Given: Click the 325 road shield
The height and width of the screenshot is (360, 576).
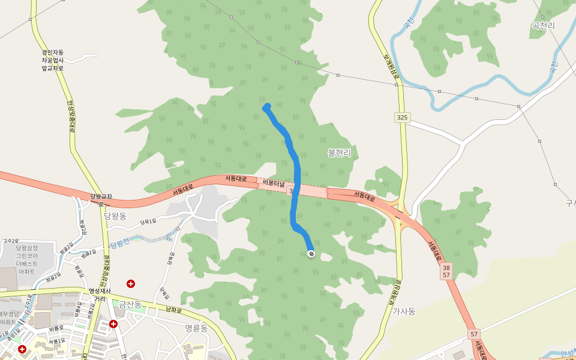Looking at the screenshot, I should (x=402, y=118).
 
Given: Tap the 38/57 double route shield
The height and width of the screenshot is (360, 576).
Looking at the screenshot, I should (x=446, y=271).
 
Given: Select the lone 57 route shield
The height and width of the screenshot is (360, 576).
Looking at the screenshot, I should (x=474, y=333).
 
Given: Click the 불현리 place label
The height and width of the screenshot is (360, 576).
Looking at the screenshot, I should (x=339, y=153).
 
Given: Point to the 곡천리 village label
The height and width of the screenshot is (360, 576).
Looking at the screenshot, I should (x=543, y=26).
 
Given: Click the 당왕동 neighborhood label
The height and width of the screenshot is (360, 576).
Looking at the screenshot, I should (x=115, y=216).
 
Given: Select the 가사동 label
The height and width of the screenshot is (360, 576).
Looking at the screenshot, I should (x=404, y=311).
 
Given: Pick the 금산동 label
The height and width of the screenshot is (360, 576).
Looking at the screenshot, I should (x=130, y=305).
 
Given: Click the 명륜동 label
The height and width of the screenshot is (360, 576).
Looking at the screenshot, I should (x=196, y=328).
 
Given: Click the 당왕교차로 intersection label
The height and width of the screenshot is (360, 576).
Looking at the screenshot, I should (x=101, y=200).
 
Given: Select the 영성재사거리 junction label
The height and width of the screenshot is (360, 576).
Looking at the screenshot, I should (x=100, y=295).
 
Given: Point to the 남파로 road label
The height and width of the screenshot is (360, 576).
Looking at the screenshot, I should (x=173, y=311).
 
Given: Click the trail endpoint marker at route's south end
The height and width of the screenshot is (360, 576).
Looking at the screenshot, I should (x=311, y=254).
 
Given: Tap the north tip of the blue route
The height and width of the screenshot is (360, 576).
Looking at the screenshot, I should (x=266, y=107).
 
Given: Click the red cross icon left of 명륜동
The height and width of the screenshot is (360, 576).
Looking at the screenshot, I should (x=113, y=324).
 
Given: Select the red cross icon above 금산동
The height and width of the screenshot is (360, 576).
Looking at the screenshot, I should (x=130, y=283).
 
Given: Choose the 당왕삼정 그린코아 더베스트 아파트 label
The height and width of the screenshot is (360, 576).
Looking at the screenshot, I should (x=27, y=260).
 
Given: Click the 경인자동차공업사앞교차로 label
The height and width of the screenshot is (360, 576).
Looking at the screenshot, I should (x=53, y=60).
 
